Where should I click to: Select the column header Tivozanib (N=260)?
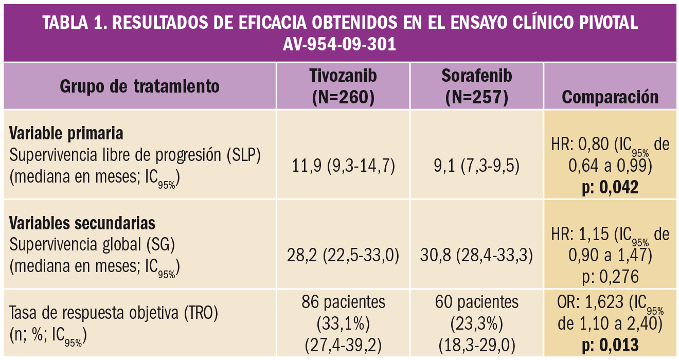coord(343,86)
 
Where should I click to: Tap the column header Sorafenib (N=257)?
coord(476,86)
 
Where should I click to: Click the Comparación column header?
coord(610,97)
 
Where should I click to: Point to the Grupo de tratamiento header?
coord(139,86)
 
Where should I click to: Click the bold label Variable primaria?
coord(66,134)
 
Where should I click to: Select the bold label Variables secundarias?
coord(82,224)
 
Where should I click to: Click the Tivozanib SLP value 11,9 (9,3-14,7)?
coord(343,166)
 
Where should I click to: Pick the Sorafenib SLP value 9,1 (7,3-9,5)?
coord(476,166)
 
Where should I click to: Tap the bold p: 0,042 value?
coord(610,187)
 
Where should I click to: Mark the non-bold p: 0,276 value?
coord(610,277)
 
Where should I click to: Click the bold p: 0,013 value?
coord(610,345)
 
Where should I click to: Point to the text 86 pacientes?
coord(343,301)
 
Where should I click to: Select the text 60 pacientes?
coord(476,301)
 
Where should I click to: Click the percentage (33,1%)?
coord(343,323)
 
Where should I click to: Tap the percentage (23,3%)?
coord(476,323)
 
